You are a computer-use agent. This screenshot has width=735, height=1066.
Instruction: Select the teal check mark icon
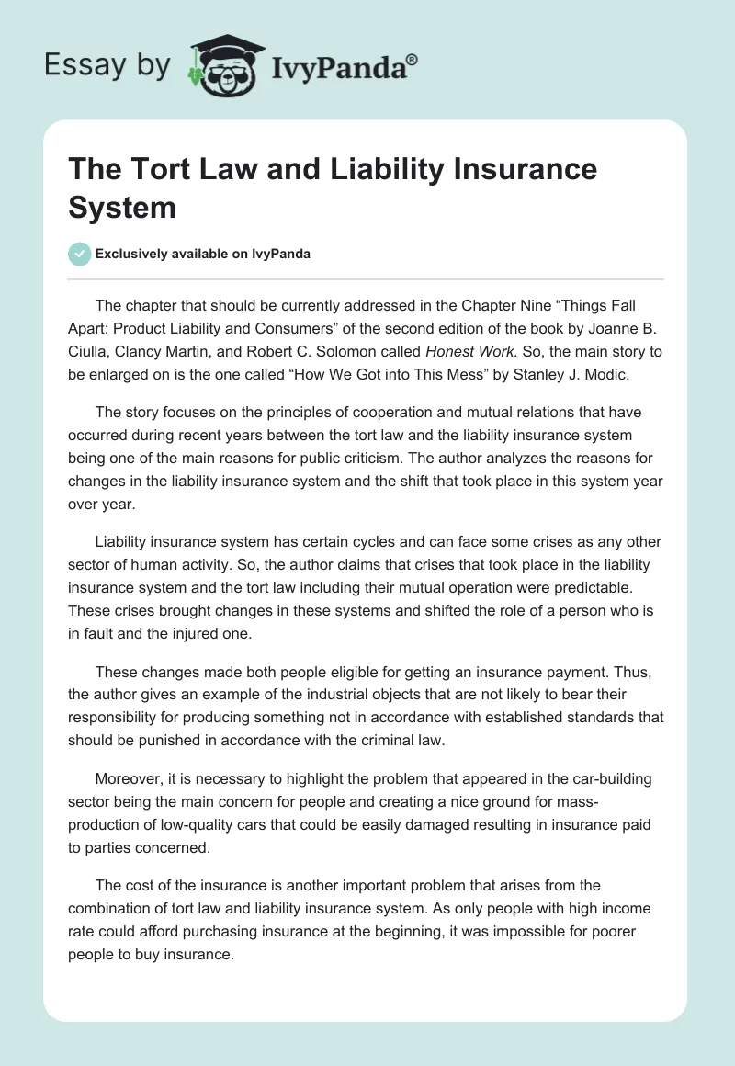pos(80,254)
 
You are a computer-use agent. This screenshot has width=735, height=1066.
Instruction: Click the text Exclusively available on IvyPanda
pos(204,254)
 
